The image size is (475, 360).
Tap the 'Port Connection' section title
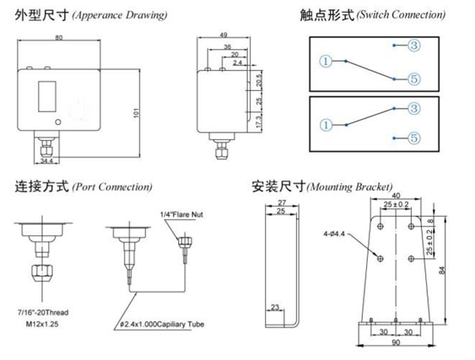pyautogui.click(x=112, y=186)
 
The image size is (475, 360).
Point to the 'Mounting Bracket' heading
pyautogui.click(x=350, y=186)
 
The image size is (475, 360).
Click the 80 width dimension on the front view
pyautogui.click(x=58, y=37)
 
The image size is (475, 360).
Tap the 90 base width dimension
pyautogui.click(x=396, y=344)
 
